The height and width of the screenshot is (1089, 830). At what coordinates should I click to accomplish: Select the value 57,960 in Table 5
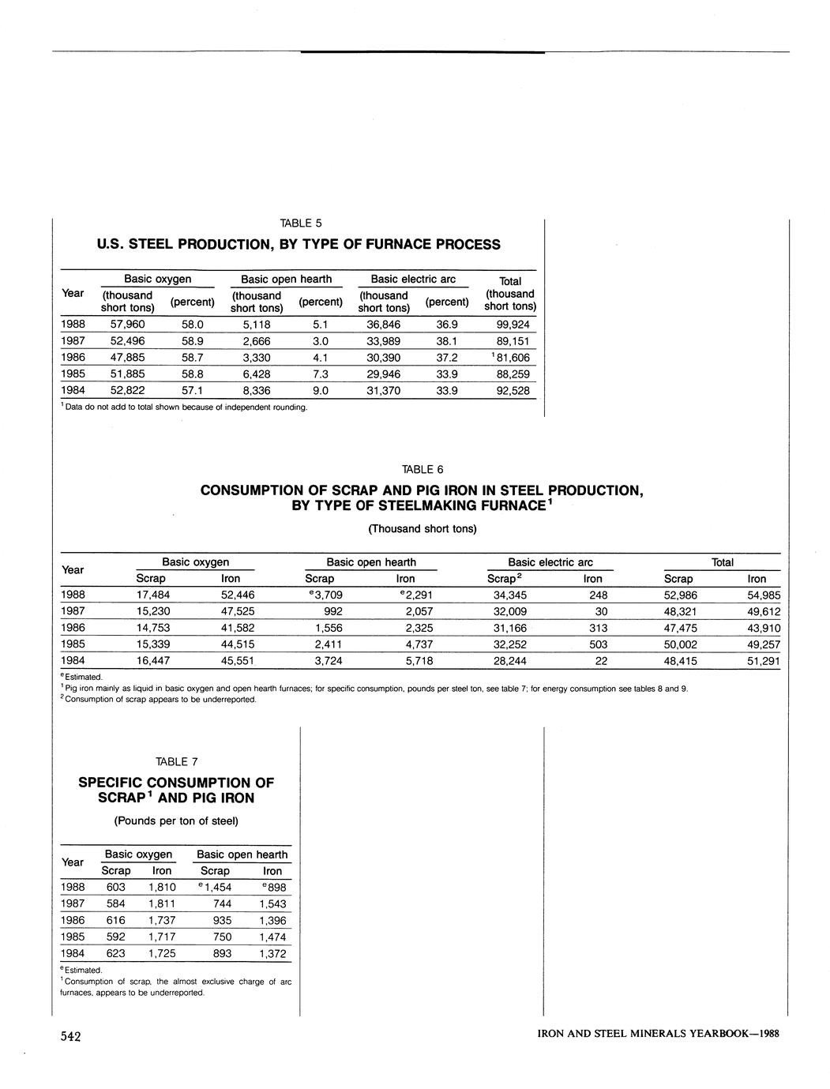128,325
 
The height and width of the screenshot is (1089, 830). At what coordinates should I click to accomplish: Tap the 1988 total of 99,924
513,325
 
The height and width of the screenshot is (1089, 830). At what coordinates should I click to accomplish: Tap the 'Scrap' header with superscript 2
506,579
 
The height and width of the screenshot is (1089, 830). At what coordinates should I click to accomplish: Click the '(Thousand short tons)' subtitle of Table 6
423,528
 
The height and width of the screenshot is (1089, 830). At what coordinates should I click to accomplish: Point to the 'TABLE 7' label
176,761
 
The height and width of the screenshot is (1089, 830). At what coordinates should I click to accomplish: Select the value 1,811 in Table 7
161,903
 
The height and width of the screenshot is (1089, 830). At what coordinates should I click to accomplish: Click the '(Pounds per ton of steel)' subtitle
176,821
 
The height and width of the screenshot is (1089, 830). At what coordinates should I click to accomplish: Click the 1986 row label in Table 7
73,920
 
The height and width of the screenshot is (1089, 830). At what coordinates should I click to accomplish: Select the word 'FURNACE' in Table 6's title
501,505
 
